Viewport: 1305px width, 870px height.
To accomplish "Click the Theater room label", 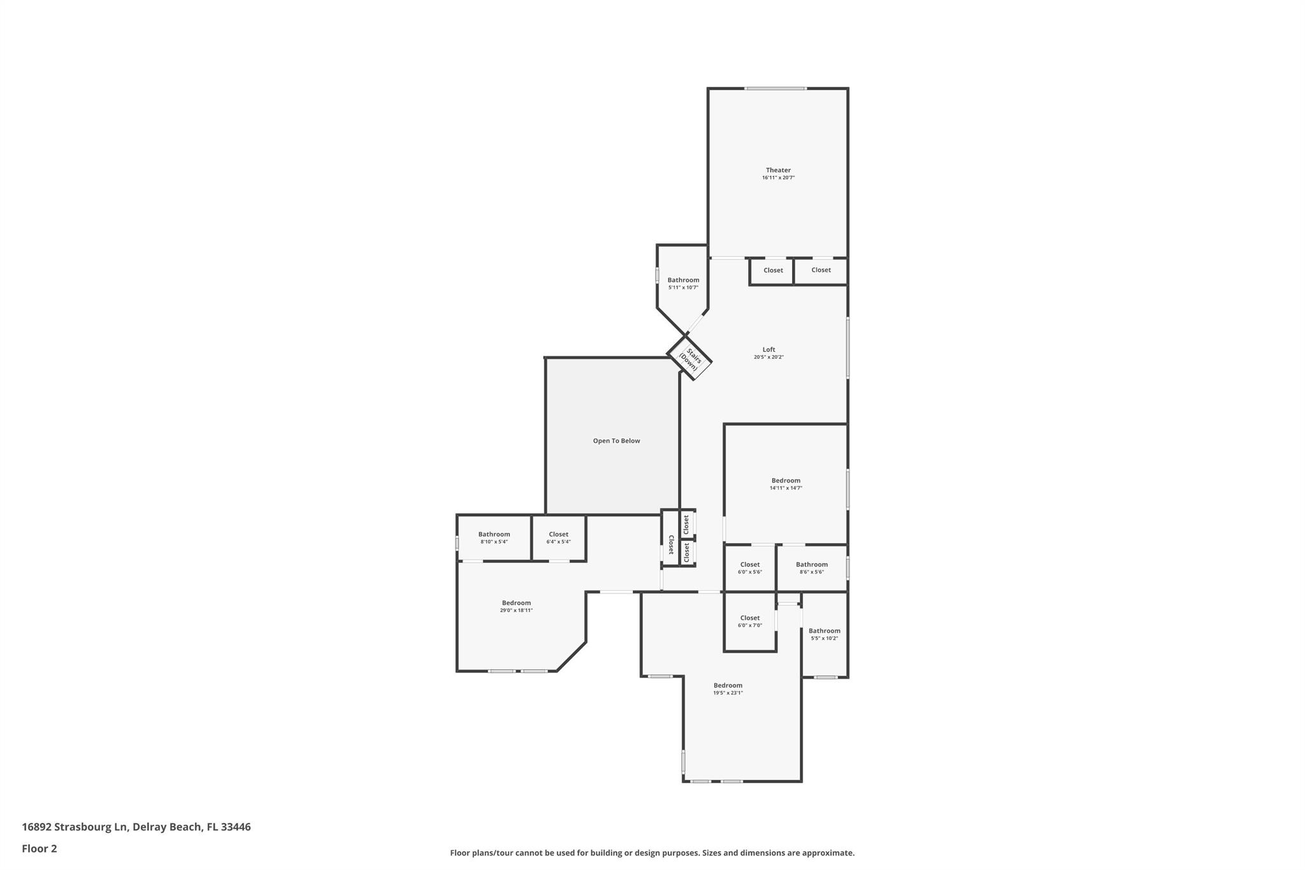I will click(778, 170).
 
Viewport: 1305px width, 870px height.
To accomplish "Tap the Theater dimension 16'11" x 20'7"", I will click(778, 178).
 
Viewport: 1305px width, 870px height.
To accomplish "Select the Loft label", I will click(768, 349).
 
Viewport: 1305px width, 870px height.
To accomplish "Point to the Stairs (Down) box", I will click(689, 360).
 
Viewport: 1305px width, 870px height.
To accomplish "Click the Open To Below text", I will click(616, 441).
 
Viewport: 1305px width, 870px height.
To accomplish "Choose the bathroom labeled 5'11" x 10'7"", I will click(683, 284).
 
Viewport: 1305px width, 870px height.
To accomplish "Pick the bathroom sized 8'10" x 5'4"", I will click(494, 538).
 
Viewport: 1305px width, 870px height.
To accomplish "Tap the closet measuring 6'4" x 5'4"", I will click(558, 538).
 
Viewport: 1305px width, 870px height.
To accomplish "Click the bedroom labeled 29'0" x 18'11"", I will click(516, 606).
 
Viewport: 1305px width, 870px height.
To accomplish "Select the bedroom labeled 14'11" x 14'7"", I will click(786, 484).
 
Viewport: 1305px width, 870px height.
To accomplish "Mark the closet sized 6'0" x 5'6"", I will click(749, 568).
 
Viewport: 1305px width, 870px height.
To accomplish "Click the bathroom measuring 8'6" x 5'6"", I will click(811, 568).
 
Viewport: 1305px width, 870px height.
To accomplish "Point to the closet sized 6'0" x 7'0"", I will click(749, 621).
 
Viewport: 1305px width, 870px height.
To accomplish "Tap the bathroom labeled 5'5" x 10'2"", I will click(824, 634).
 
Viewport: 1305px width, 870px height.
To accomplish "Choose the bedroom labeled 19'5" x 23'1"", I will click(728, 688).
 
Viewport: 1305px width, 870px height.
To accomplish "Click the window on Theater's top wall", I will click(775, 89).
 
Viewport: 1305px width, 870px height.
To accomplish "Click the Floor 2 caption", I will click(40, 848).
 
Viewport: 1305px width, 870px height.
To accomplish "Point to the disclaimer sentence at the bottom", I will click(652, 853).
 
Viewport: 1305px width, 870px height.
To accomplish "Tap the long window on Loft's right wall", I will click(847, 348).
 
